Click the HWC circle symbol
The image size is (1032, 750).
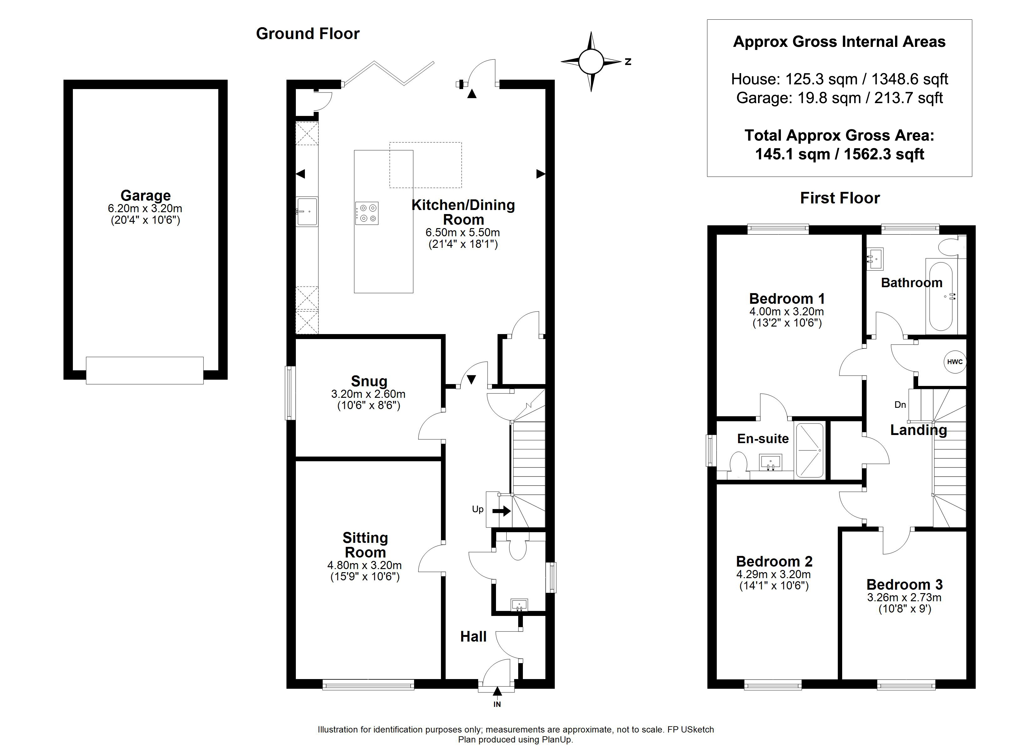point(955,362)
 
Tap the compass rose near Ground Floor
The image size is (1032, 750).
point(591,61)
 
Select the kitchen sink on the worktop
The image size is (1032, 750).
point(307,212)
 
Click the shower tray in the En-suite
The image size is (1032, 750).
point(809,451)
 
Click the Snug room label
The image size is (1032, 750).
point(369,381)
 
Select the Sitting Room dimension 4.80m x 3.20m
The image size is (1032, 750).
point(364,565)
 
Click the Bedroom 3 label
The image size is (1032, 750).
point(905,584)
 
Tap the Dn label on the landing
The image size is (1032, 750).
point(900,405)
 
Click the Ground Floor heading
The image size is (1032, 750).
point(308,34)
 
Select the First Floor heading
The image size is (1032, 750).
point(840,198)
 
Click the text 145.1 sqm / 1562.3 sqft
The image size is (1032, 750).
point(840,154)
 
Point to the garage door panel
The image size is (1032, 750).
point(145,370)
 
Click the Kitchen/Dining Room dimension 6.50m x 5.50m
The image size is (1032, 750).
point(463,232)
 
